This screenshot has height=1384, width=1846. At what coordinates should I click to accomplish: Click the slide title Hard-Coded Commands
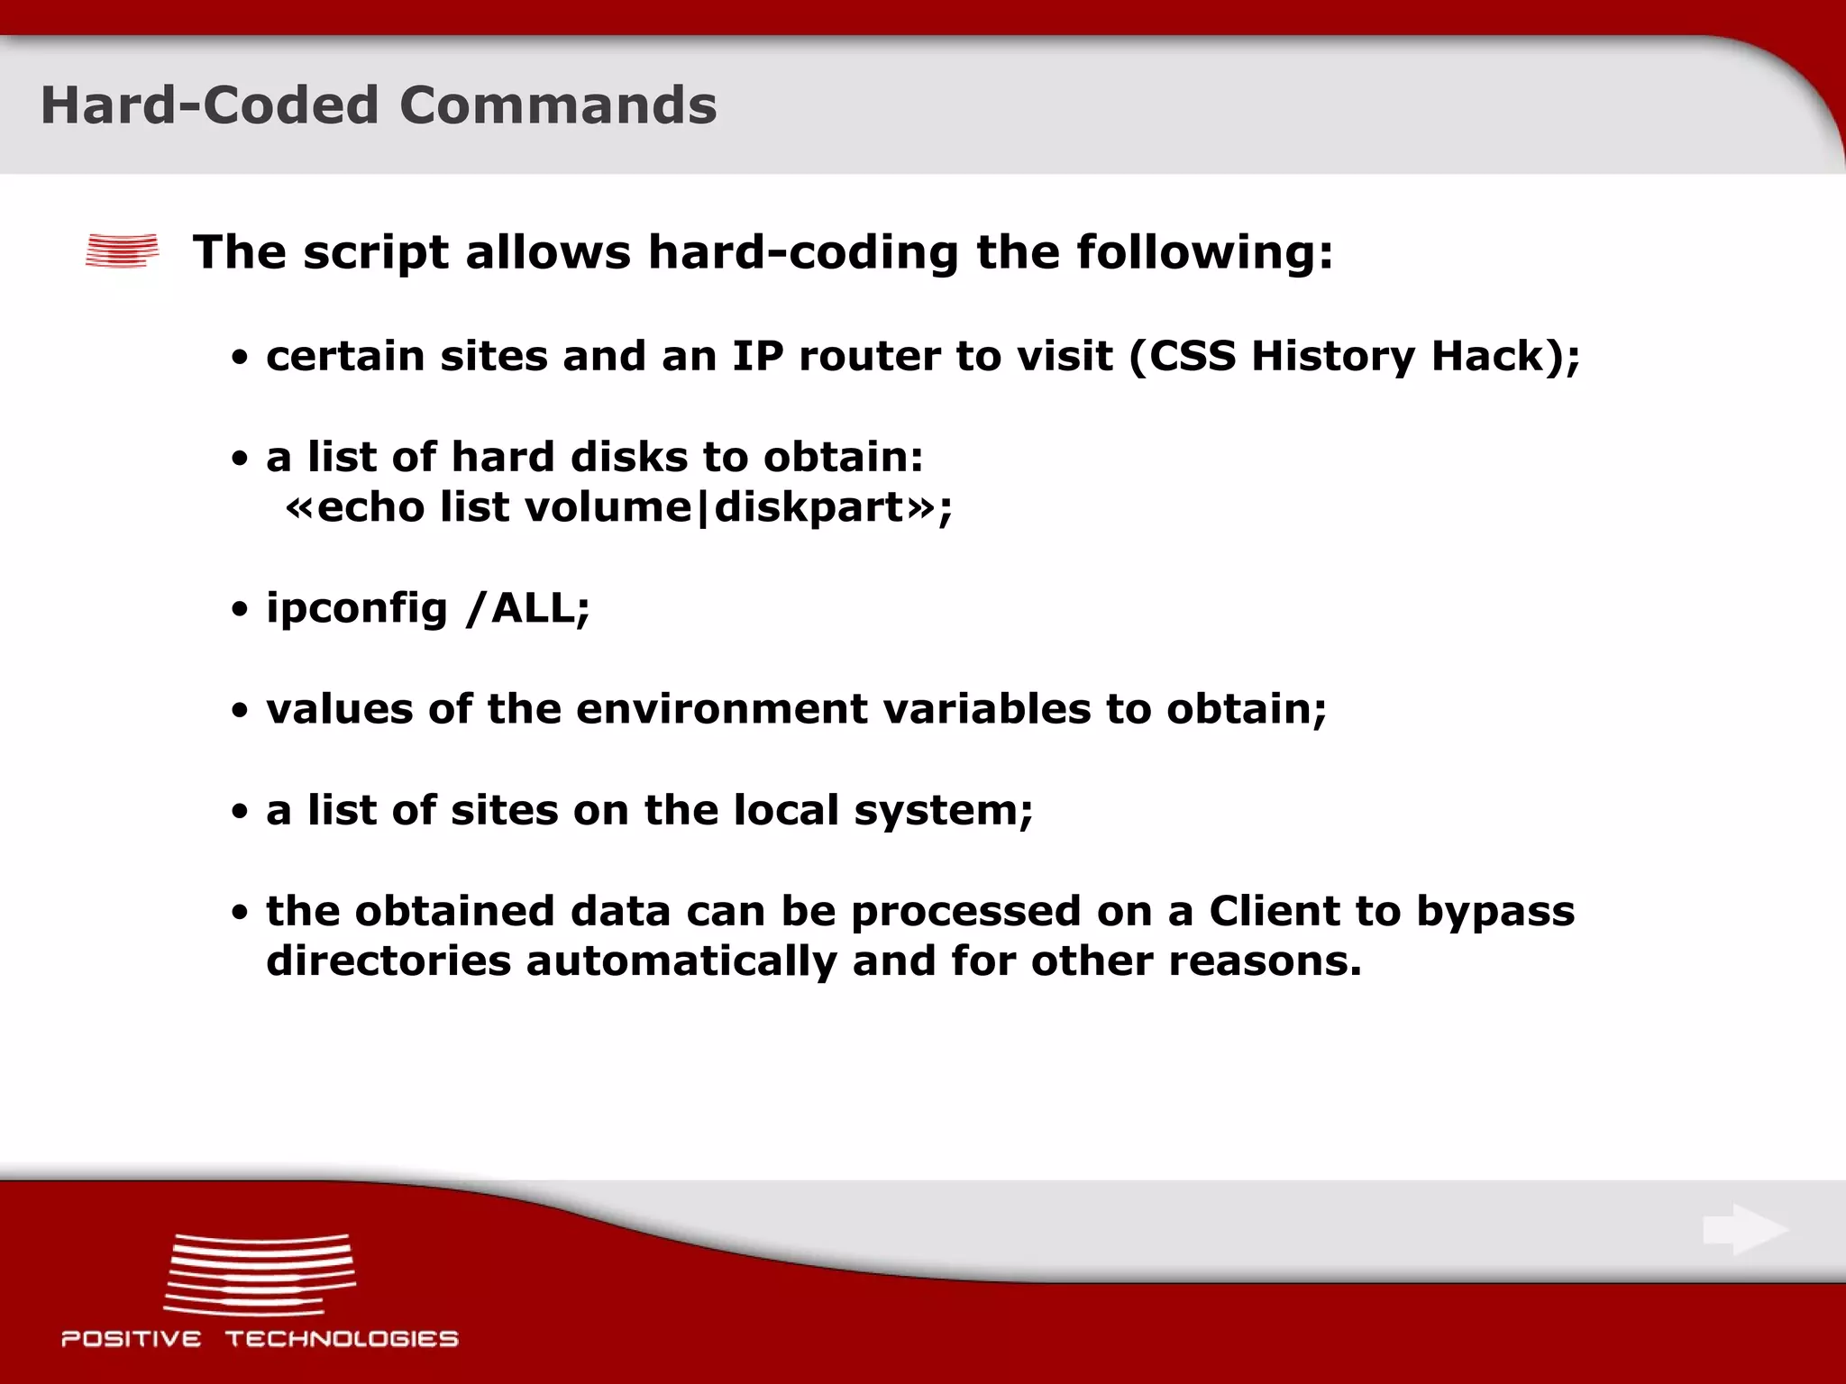pos(379,105)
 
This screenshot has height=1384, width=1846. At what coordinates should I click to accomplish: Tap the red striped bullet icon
pos(122,250)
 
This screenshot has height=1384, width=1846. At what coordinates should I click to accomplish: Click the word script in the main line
pos(375,252)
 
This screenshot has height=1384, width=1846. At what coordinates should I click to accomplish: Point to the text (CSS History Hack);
pos(1353,356)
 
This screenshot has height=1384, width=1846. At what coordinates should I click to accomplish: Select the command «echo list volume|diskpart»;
pos(618,507)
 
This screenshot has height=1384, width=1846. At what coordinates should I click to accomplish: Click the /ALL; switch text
pos(527,608)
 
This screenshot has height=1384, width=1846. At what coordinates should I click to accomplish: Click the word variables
pos(987,709)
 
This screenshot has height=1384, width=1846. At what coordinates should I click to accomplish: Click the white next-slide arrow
pos(1745,1230)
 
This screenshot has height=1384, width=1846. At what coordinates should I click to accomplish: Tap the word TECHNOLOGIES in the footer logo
pos(342,1339)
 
